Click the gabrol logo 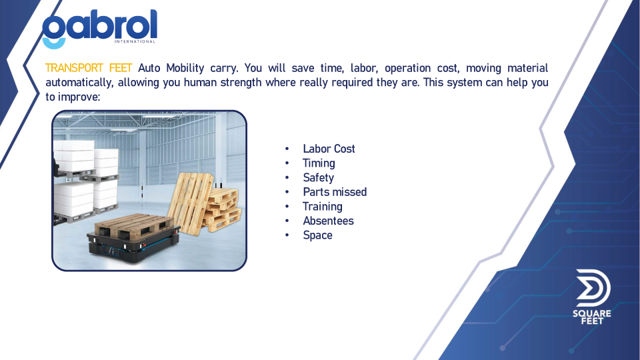(x=99, y=29)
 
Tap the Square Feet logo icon (x=593, y=288)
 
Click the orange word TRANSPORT (x=74, y=68)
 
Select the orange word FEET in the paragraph (x=121, y=68)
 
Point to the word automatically (x=79, y=83)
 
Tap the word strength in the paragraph (x=241, y=83)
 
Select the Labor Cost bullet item (x=329, y=149)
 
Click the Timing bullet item (x=319, y=163)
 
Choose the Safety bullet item (x=318, y=177)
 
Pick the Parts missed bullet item (x=334, y=192)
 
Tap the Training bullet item (x=322, y=207)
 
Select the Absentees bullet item (x=328, y=221)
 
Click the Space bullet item (x=317, y=235)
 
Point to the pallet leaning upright (x=190, y=203)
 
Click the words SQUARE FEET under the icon (x=592, y=317)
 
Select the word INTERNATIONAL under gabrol (x=135, y=41)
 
